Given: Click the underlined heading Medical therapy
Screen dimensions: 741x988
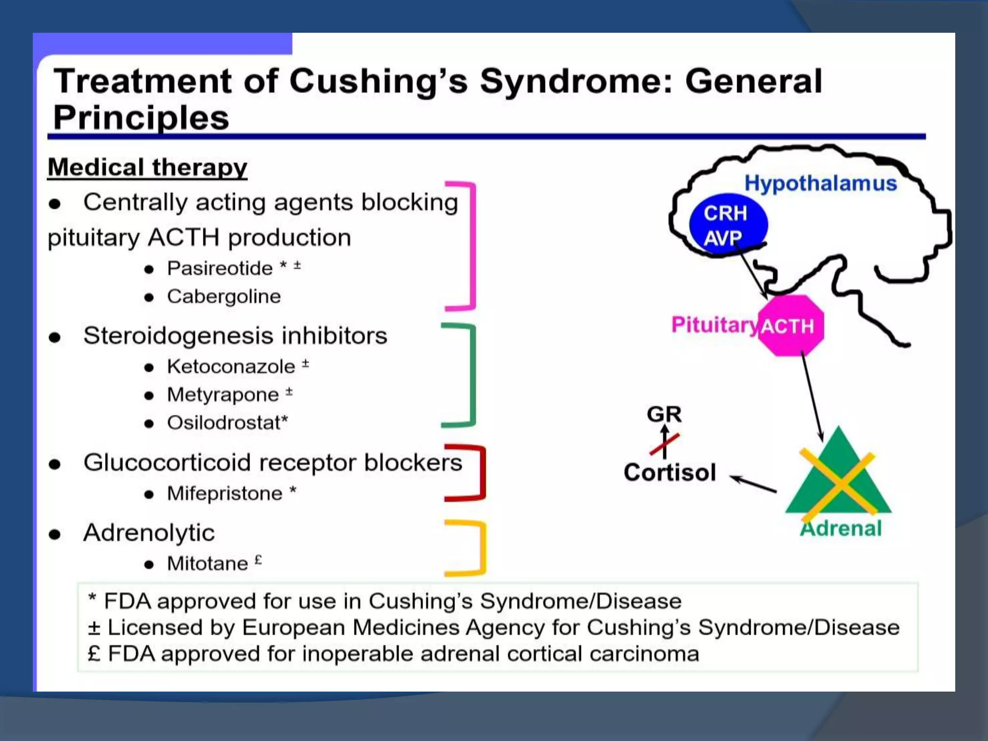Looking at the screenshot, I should pos(147,168).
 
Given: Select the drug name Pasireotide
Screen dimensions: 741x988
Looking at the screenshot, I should pos(220,268).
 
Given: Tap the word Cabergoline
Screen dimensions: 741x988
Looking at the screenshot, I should pos(223,296).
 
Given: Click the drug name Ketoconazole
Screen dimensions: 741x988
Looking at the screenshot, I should pos(231,367).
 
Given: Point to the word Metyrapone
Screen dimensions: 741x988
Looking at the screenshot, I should pos(222,395).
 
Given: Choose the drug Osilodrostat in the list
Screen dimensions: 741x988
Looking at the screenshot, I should pos(225,423).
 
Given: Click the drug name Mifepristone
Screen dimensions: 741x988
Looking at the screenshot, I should pos(224,494).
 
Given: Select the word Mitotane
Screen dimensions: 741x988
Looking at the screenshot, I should pos(207,563).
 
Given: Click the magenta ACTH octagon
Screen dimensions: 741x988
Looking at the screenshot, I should pos(790,326).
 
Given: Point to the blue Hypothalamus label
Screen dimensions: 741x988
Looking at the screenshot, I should pos(820,183).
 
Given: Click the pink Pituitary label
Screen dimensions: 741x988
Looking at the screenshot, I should pos(714,325).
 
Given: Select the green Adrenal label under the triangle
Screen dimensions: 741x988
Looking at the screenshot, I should pos(841,528).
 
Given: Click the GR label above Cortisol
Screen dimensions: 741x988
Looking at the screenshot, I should pos(664,414).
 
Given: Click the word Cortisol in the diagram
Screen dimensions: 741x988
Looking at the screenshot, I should pos(670,472).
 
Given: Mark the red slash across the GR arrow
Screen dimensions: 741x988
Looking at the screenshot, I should pos(664,444).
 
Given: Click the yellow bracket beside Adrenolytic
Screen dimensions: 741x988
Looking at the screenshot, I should pos(480,549).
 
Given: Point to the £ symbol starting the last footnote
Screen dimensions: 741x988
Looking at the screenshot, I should pos(95,654).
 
